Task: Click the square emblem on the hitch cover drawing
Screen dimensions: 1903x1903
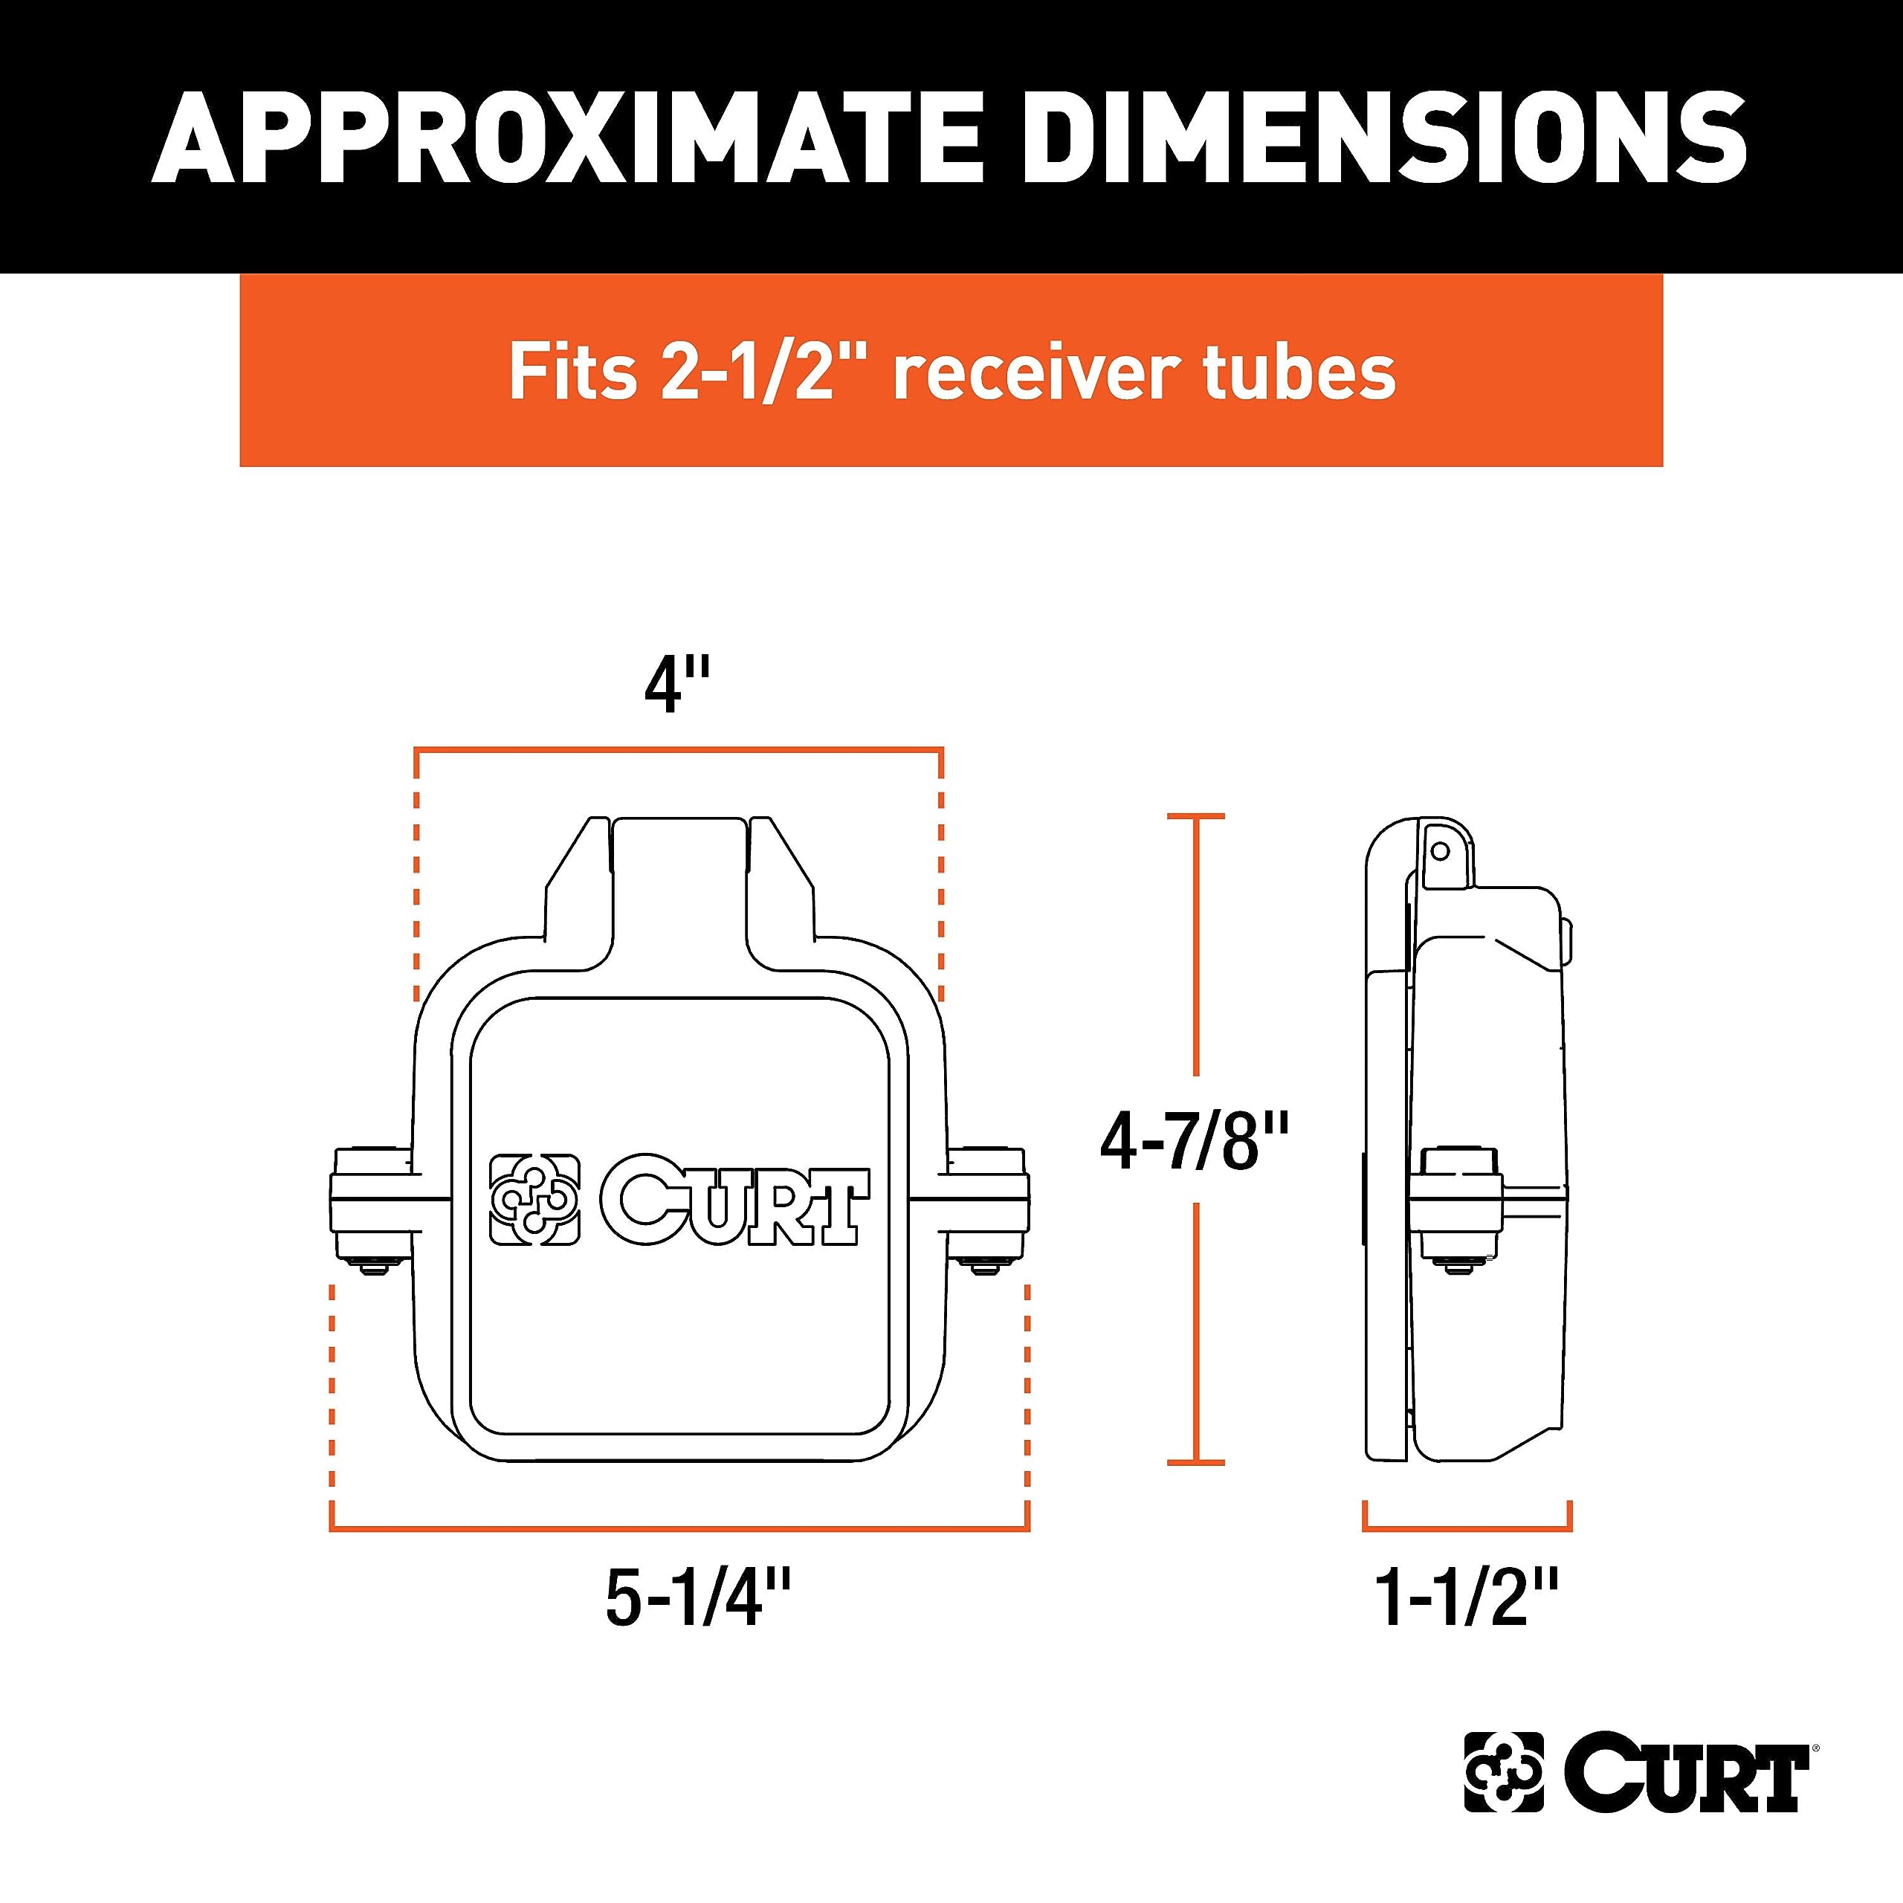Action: point(535,1200)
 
